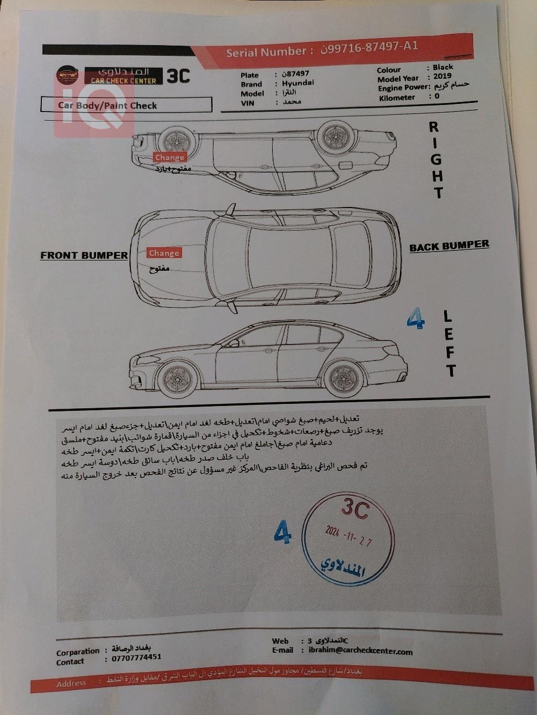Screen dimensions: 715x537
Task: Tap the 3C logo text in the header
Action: pos(178,76)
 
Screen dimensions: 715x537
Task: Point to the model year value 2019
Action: pos(442,77)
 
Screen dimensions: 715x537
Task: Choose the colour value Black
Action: pos(442,67)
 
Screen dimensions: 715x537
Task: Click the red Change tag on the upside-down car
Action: pos(169,157)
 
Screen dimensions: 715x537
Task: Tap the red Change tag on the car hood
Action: pos(164,253)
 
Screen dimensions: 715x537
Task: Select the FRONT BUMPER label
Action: pos(84,256)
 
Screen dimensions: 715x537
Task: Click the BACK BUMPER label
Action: pos(449,246)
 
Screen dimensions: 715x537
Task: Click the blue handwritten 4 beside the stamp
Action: pos(282,532)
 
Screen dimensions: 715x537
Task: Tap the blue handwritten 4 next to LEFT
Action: pos(415,319)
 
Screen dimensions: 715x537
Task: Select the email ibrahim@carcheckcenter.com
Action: pos(360,651)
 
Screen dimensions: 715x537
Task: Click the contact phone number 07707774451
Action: pos(136,657)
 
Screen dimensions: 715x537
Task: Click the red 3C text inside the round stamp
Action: pos(355,508)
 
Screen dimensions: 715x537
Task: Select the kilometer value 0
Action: pos(437,96)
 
